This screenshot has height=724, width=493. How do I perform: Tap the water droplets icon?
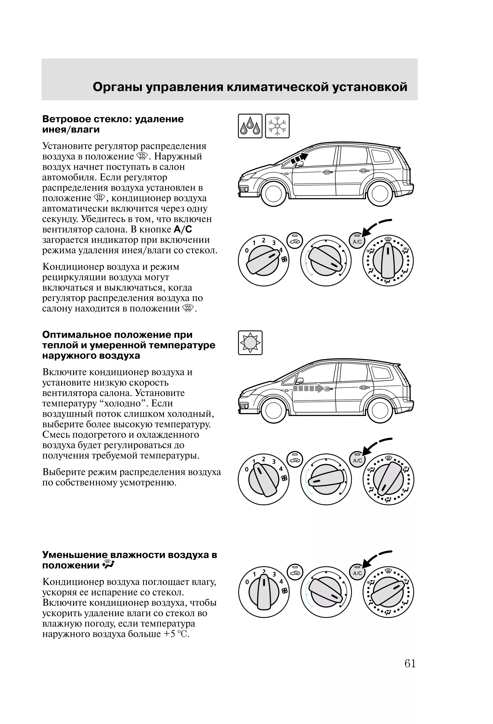pos(250,126)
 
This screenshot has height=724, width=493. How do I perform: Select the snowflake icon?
pos(277,126)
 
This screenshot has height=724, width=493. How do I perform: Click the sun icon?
pos(250,343)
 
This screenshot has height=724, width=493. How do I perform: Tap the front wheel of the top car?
pos(273,193)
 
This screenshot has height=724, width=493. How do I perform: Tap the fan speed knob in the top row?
pos(263,260)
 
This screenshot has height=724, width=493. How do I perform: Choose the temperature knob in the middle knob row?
pos(326,479)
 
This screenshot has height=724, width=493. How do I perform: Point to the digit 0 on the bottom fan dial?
pos(247,582)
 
